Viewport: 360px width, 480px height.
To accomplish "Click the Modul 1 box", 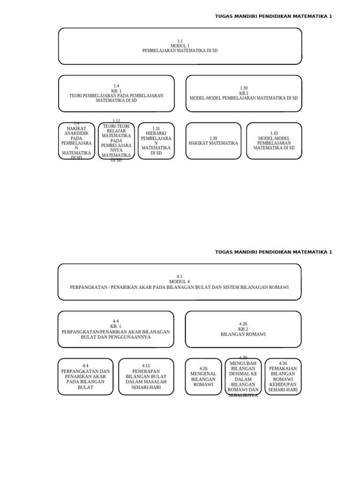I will pos(180,46).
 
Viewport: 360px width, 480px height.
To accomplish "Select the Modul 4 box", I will pos(180,282).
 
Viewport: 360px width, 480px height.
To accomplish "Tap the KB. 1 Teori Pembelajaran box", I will pos(116,93).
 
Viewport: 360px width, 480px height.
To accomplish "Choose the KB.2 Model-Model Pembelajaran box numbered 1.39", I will pos(244,93).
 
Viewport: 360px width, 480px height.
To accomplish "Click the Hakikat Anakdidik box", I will pos(76,141).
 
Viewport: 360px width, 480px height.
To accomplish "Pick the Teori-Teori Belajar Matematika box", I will pos(116,141).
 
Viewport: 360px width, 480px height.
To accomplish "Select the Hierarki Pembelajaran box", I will pos(156,141).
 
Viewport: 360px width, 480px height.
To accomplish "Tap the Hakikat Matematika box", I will pos(213,141).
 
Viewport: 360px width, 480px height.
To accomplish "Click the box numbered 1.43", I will pos(274,141).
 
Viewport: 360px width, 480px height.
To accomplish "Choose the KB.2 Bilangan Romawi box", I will pos(243,329).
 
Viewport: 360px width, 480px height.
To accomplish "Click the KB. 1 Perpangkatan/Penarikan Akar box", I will pos(116,329).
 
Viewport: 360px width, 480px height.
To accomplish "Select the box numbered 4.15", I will pos(146,376).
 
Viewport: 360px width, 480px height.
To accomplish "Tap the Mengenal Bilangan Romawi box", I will pos(203,376).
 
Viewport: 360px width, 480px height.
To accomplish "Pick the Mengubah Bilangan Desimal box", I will pos(243,376).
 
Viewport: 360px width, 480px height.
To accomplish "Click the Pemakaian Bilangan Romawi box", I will pos(283,376).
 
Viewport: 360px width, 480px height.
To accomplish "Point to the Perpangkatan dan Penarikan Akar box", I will pos(85,376).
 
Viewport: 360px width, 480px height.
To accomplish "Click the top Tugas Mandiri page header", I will pos(273,16).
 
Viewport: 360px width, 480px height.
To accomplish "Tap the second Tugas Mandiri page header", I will pos(273,252).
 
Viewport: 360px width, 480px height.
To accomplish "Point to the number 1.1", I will pos(180,41).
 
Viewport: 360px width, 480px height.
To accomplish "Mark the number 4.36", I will pos(283,363).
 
